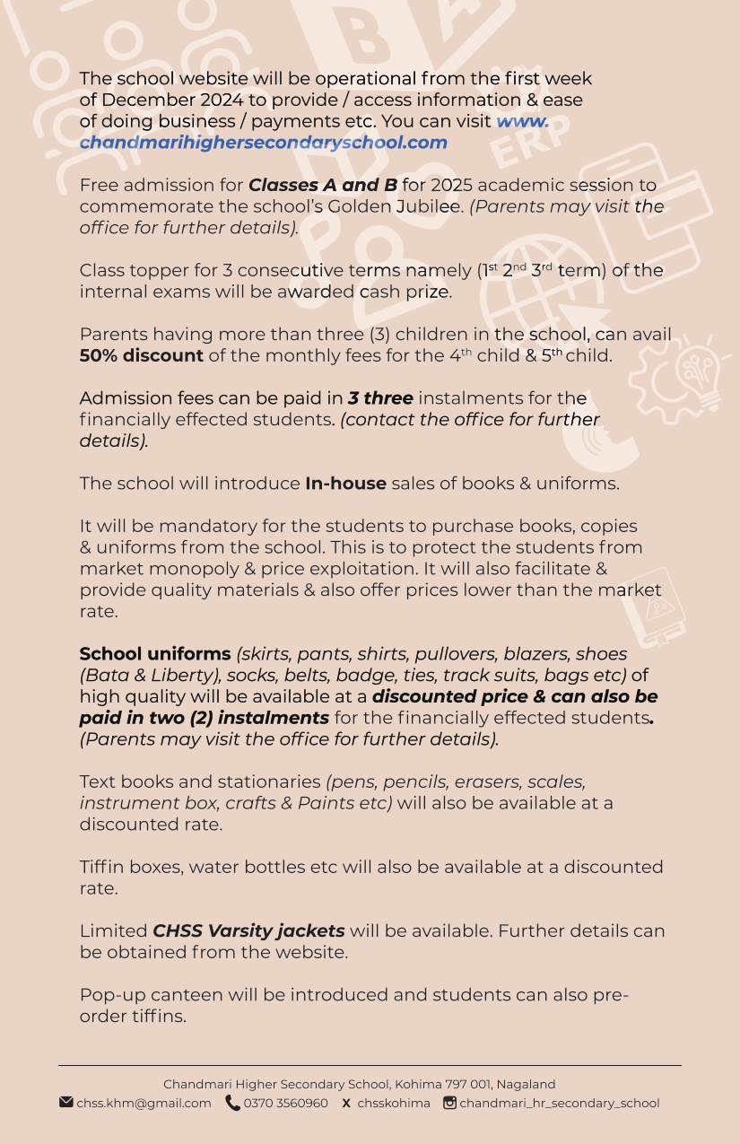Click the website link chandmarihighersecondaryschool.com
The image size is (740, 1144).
click(x=263, y=143)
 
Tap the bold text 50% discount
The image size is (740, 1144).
click(x=141, y=356)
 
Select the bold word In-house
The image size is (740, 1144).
click(x=345, y=484)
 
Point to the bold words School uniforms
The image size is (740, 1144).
click(x=155, y=654)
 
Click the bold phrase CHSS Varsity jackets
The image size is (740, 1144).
click(x=248, y=931)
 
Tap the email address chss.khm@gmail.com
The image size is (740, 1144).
click(x=144, y=1104)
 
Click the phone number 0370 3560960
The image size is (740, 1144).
click(x=285, y=1104)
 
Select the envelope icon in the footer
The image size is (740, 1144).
click(x=66, y=1103)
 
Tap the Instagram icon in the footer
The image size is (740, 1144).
click(x=449, y=1103)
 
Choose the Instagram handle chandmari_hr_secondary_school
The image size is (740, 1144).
click(x=559, y=1104)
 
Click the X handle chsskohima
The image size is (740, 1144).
click(x=394, y=1104)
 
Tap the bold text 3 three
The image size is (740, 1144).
click(x=380, y=398)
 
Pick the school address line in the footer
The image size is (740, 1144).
click(x=359, y=1085)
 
